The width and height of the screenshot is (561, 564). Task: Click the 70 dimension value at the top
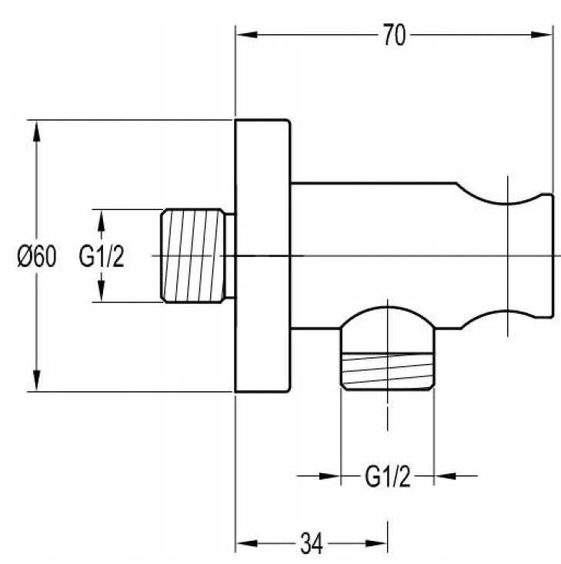(x=394, y=35)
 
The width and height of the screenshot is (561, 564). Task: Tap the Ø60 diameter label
(x=37, y=256)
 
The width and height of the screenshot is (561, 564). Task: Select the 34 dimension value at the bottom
(x=312, y=543)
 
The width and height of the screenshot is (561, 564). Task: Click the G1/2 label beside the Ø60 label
(x=102, y=256)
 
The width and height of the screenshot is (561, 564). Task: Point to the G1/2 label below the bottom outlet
(x=388, y=476)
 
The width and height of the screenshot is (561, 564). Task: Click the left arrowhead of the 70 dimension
(x=246, y=35)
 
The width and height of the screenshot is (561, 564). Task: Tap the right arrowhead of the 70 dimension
(x=542, y=35)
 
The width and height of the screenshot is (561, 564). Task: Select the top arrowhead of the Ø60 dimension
(x=36, y=132)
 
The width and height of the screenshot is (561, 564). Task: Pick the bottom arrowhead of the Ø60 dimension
(x=36, y=380)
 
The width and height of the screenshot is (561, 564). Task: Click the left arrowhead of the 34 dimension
(x=246, y=543)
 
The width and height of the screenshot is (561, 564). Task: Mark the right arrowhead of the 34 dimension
(x=376, y=543)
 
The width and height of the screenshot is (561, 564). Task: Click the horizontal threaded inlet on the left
(x=193, y=255)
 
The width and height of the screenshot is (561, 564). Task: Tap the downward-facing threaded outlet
(x=388, y=370)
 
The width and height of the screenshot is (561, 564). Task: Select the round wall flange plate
(x=262, y=255)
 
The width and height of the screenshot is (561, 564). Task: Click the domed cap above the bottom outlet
(x=388, y=316)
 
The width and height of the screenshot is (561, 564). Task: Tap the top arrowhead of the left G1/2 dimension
(x=102, y=220)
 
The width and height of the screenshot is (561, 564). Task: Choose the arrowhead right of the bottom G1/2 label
(x=445, y=476)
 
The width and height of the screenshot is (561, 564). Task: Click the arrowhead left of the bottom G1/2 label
(x=329, y=476)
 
